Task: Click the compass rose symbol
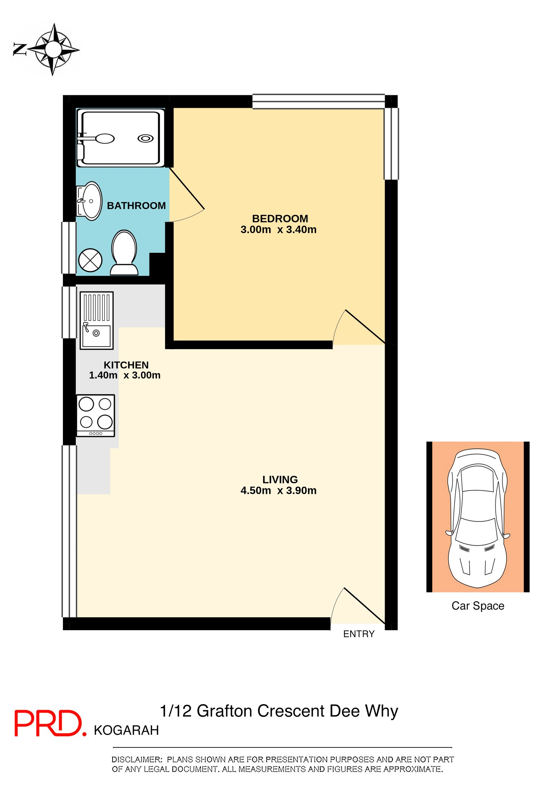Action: tap(53, 49)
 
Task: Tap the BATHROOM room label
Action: tap(136, 206)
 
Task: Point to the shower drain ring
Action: tap(145, 138)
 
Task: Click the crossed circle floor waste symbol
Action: tap(90, 260)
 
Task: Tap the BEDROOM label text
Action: tap(280, 218)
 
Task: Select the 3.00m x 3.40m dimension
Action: tap(278, 230)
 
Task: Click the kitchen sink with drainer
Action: tap(97, 320)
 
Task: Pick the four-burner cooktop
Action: tap(96, 415)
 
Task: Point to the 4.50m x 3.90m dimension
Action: tap(278, 490)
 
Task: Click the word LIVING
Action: tap(280, 479)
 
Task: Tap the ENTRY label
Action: tap(359, 634)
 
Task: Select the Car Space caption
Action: tap(477, 605)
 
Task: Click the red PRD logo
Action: tap(49, 723)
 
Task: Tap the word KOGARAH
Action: tap(126, 730)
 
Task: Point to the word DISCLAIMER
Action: tap(137, 759)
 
